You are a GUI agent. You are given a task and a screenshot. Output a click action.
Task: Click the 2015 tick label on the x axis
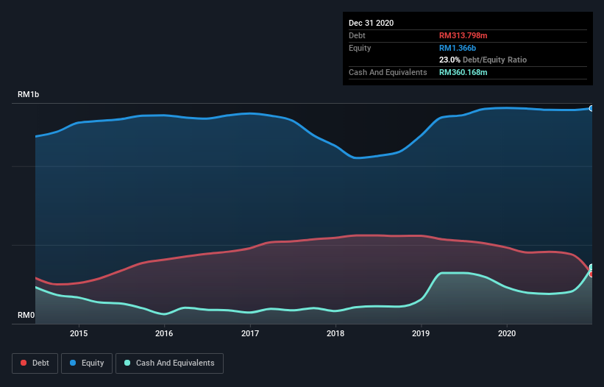(x=79, y=333)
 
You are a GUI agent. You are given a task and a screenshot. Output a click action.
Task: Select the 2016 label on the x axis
(x=164, y=333)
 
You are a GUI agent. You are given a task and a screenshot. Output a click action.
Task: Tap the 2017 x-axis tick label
(x=250, y=333)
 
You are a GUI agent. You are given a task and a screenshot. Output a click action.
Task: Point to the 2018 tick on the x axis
(x=335, y=333)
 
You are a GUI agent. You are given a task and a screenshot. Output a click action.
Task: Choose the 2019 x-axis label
(x=422, y=333)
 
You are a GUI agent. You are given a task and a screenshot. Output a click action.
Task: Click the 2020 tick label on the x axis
(x=507, y=333)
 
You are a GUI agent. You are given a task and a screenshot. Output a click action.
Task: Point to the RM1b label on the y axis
(x=29, y=95)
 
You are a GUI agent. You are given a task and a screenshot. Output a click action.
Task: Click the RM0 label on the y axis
(x=26, y=315)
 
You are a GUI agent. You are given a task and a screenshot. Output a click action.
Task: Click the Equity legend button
(x=87, y=363)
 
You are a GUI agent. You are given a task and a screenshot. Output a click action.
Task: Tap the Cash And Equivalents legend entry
(x=169, y=363)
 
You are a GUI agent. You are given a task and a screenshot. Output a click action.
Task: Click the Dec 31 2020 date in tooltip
(x=371, y=23)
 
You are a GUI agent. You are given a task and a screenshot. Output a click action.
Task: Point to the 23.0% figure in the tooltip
(x=450, y=60)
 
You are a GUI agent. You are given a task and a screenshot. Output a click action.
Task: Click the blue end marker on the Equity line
(x=591, y=108)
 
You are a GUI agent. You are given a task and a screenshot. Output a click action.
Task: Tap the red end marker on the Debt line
(x=591, y=274)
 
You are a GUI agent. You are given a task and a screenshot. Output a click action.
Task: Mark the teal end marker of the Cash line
(x=591, y=267)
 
